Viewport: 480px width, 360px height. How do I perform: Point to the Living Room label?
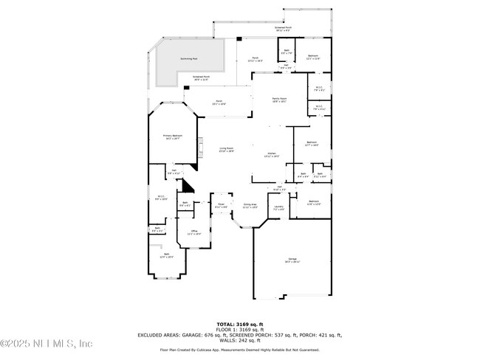click(x=226, y=150)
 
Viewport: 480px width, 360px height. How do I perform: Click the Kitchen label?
click(x=272, y=154)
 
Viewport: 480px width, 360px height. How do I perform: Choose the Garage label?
click(x=292, y=259)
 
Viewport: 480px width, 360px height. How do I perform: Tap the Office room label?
click(x=194, y=232)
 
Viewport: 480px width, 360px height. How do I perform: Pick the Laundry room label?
click(x=278, y=208)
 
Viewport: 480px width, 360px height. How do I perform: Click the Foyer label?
click(x=220, y=205)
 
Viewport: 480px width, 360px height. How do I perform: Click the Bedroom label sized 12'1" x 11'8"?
click(x=313, y=57)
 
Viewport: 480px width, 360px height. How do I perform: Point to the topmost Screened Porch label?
click(x=283, y=29)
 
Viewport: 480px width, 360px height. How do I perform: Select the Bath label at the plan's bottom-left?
click(x=167, y=255)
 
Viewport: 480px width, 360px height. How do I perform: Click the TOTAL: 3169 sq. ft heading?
click(x=239, y=324)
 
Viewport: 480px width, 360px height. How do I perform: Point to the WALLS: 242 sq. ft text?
click(x=239, y=340)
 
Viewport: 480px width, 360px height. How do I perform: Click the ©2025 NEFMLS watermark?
click(x=46, y=344)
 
